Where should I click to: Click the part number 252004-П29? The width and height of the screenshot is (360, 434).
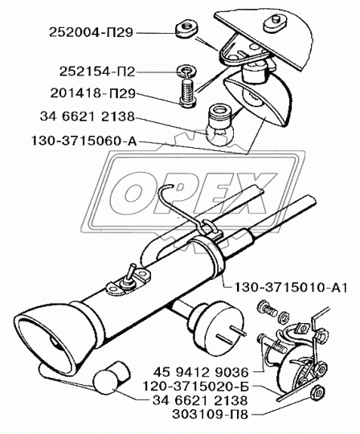point(92,33)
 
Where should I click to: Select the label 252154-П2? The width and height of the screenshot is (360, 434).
point(97,72)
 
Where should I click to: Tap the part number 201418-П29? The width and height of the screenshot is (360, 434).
point(93,93)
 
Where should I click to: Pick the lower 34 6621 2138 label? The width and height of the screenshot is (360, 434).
point(200,400)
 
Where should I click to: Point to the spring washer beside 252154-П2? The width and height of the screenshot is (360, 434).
point(186,72)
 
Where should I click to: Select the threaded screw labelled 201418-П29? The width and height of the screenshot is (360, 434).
point(187,92)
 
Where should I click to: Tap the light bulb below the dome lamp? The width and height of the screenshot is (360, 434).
point(220,125)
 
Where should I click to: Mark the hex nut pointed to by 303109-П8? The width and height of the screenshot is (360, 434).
point(317,393)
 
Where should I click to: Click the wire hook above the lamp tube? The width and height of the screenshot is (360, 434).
point(184,208)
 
